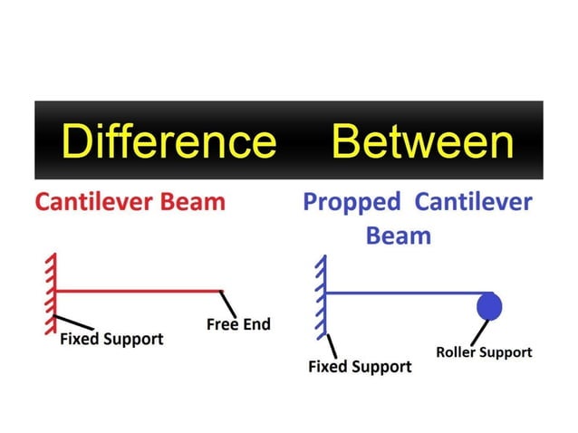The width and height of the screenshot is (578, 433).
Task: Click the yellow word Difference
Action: [168, 141]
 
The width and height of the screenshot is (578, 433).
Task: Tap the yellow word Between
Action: [422, 141]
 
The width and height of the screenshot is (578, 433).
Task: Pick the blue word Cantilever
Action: [473, 201]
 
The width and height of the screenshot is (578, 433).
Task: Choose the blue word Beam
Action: [398, 236]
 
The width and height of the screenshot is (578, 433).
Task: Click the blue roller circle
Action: [489, 306]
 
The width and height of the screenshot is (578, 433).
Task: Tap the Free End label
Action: [238, 324]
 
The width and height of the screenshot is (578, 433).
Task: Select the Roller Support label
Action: [484, 351]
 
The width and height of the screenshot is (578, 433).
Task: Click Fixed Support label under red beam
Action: [111, 340]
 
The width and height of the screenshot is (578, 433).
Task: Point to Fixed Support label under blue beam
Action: [360, 367]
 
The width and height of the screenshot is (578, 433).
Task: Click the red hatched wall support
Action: [52, 290]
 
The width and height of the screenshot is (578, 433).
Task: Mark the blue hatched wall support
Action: [320, 295]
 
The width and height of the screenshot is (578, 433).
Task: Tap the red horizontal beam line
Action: [136, 292]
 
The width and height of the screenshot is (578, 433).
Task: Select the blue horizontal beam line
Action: [399, 293]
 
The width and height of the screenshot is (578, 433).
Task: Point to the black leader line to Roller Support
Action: [496, 331]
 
